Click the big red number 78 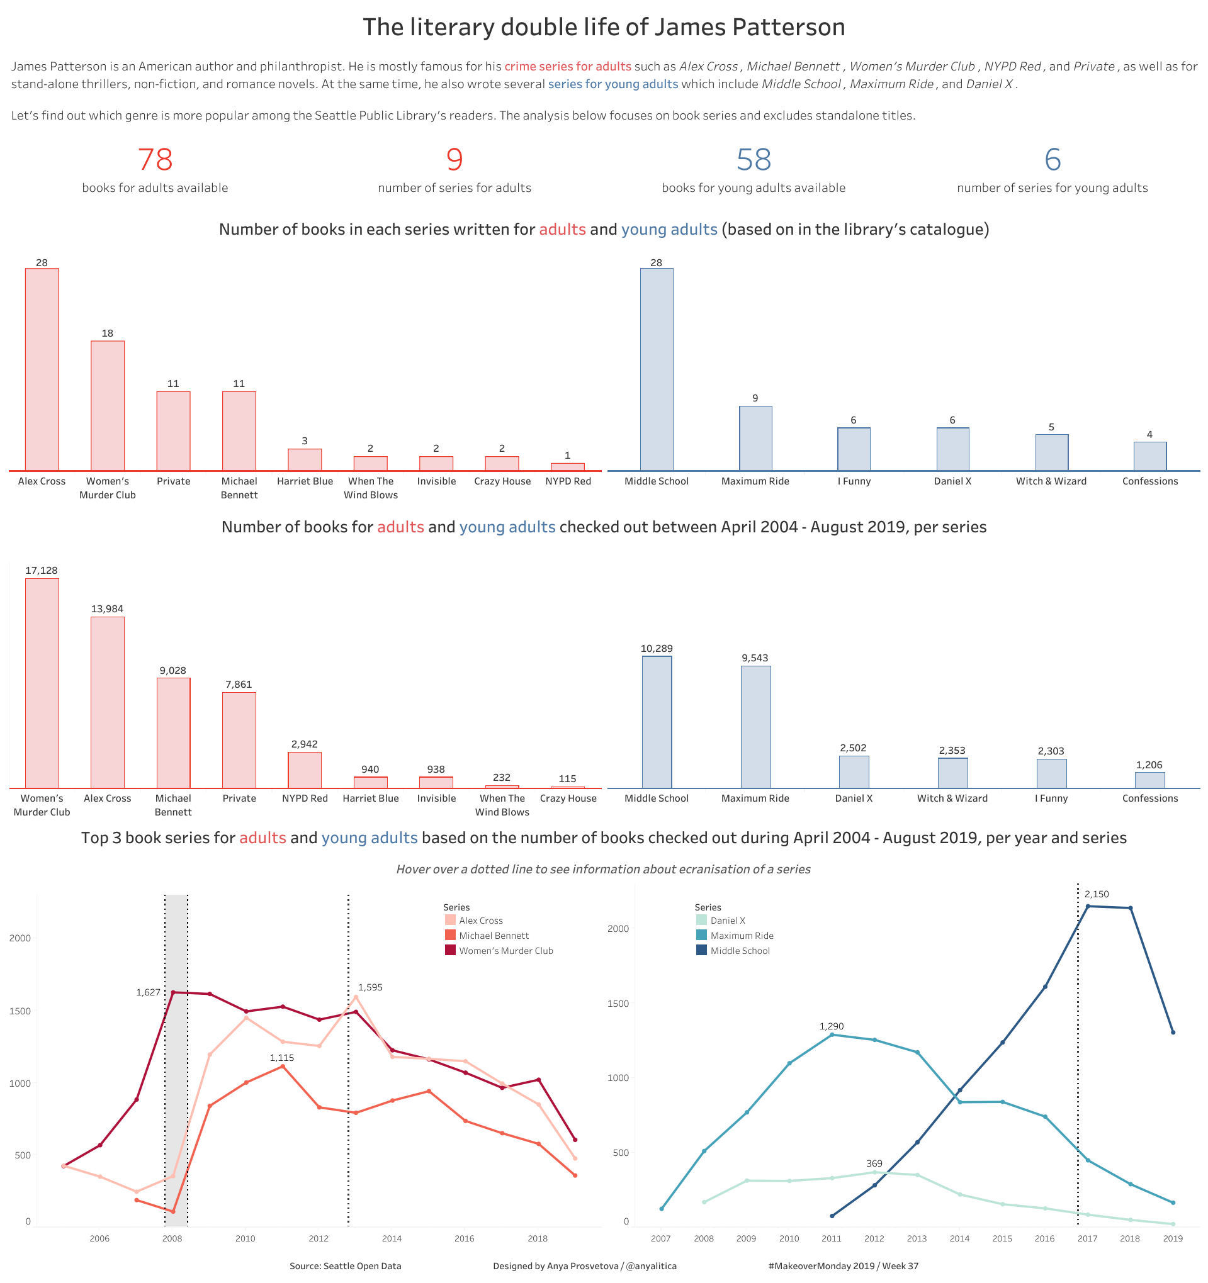155,159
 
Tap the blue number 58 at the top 754,159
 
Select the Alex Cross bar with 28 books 42,369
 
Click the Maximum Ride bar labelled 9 755,438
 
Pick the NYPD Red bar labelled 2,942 305,770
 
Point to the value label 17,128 42,571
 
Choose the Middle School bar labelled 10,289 657,722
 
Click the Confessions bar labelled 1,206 1150,780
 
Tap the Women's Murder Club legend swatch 451,950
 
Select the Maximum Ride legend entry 741,935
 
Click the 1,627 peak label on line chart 148,992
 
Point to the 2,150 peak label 1097,894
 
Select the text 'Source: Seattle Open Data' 346,1265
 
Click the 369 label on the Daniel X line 874,1163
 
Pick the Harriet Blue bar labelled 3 305,459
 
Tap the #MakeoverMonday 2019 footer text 844,1265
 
